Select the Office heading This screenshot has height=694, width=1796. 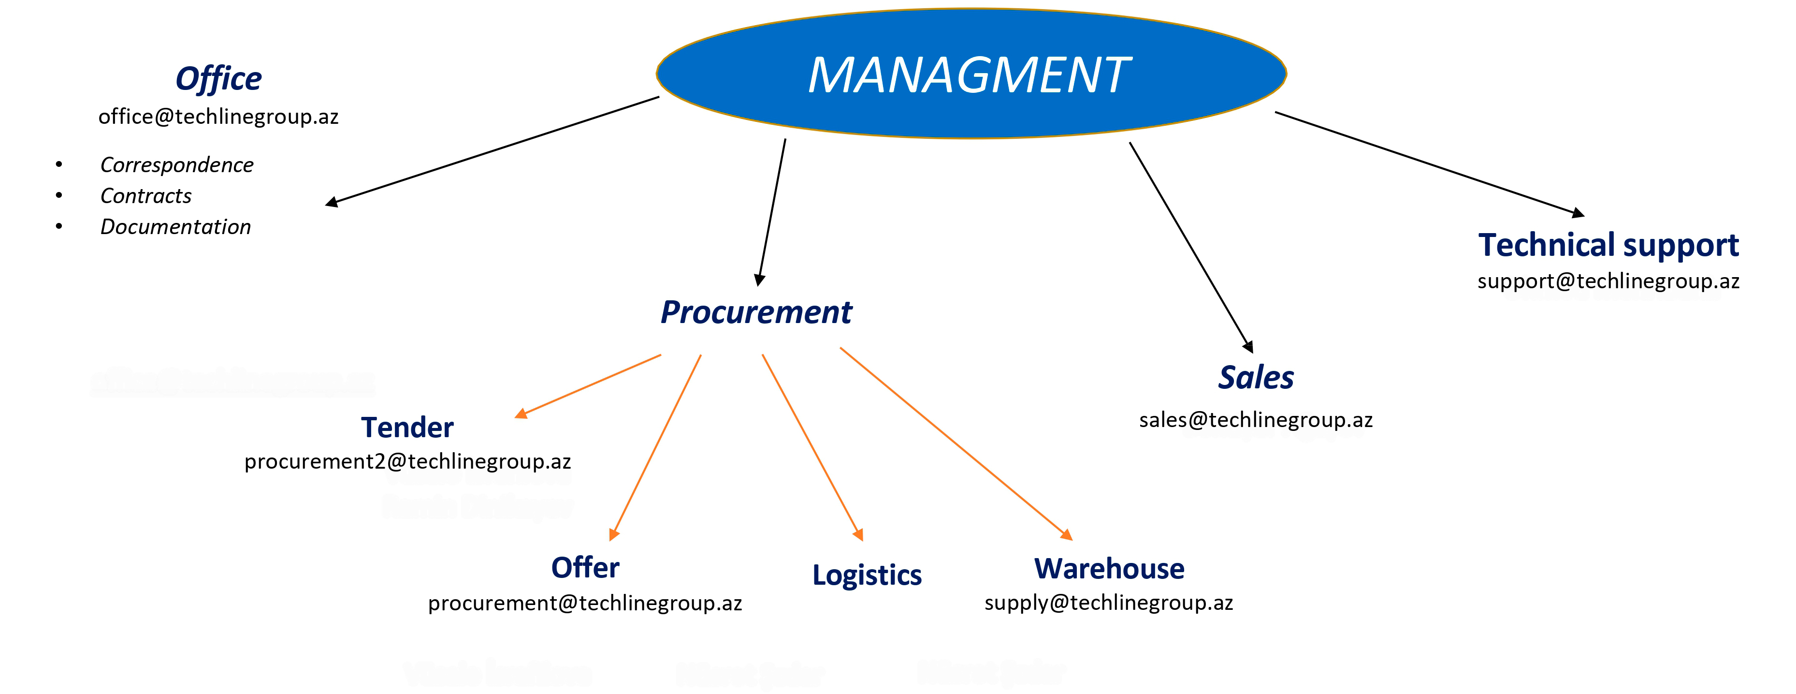coord(218,78)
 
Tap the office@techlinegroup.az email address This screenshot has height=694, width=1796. coord(218,117)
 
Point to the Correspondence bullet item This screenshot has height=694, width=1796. coord(176,164)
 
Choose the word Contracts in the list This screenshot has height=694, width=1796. coord(145,196)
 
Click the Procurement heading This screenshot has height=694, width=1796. coord(756,312)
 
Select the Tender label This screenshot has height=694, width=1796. coord(407,427)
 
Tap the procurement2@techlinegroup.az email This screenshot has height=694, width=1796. coord(407,461)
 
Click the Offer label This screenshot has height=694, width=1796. coord(585,567)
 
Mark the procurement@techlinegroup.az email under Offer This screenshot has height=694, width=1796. coord(585,603)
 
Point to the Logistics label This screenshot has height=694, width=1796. coord(867,575)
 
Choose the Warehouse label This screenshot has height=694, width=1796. coord(1109,568)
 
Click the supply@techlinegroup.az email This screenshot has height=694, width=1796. coord(1109,602)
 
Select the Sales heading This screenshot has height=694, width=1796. coord(1256,377)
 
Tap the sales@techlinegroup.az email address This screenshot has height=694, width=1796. coord(1256,420)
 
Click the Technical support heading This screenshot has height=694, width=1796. coord(1608,245)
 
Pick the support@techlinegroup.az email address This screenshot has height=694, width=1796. coord(1608,281)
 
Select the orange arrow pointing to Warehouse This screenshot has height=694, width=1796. coord(955,443)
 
